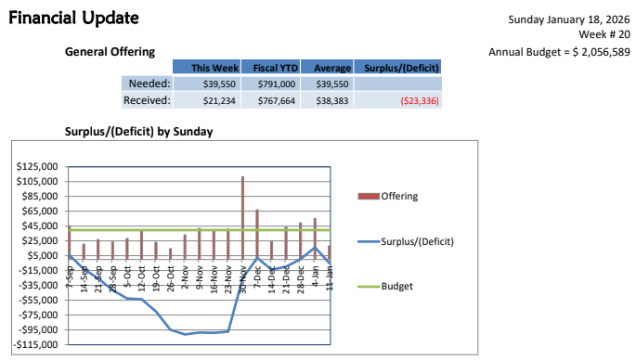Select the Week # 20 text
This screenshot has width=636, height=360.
pos(604,34)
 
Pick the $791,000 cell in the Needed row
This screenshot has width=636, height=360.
pos(275,84)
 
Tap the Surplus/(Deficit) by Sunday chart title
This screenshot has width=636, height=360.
pos(138,132)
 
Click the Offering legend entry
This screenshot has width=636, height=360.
pos(399,196)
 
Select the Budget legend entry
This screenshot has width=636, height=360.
pos(396,286)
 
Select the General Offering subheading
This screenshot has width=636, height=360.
pos(110,52)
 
